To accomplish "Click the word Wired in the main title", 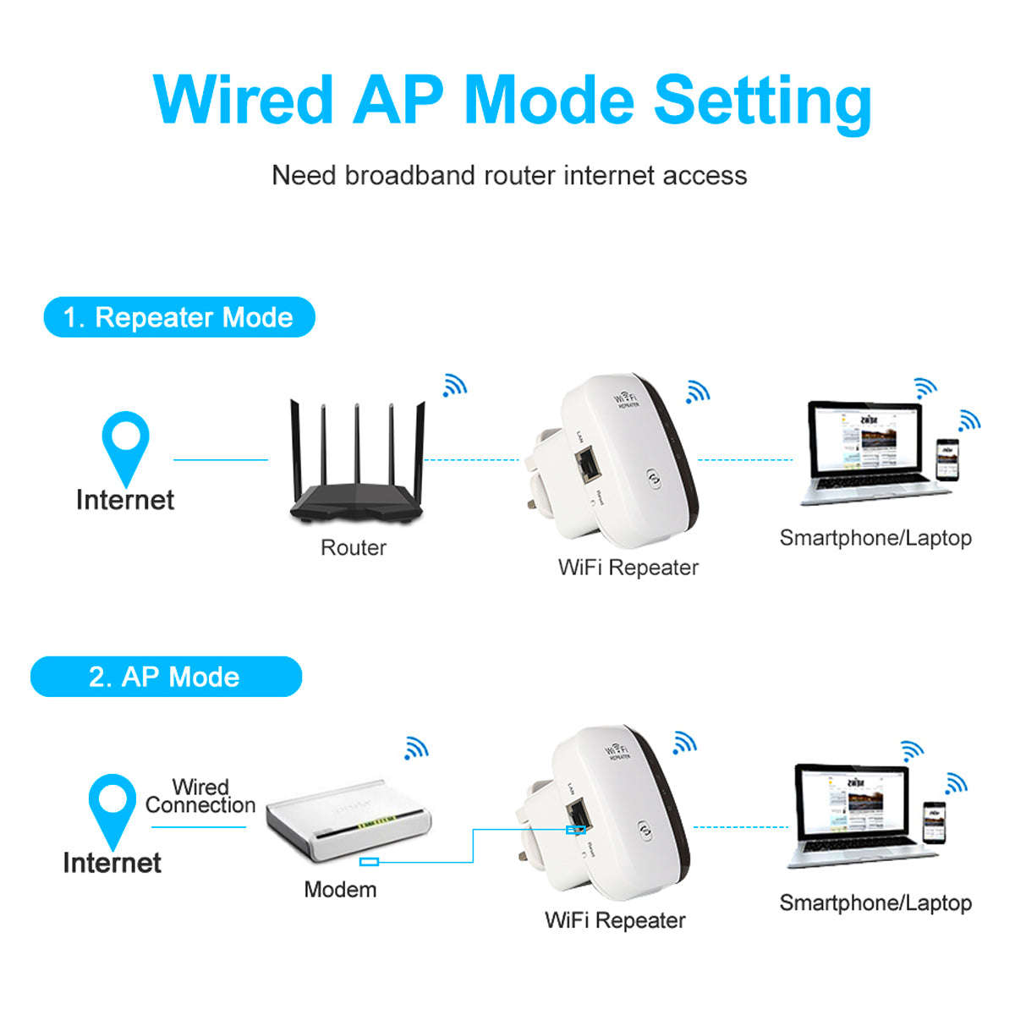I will click(x=244, y=100).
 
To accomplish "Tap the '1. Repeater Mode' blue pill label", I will click(x=178, y=317).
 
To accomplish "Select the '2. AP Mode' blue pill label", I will click(x=165, y=677).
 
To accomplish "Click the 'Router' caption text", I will click(x=353, y=547).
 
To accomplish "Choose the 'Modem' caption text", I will click(x=340, y=889).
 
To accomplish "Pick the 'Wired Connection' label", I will click(x=200, y=796).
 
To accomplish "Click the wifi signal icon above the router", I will click(x=454, y=386).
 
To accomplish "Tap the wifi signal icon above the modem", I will click(x=415, y=748).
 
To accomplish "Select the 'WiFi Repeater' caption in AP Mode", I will click(x=615, y=920).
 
